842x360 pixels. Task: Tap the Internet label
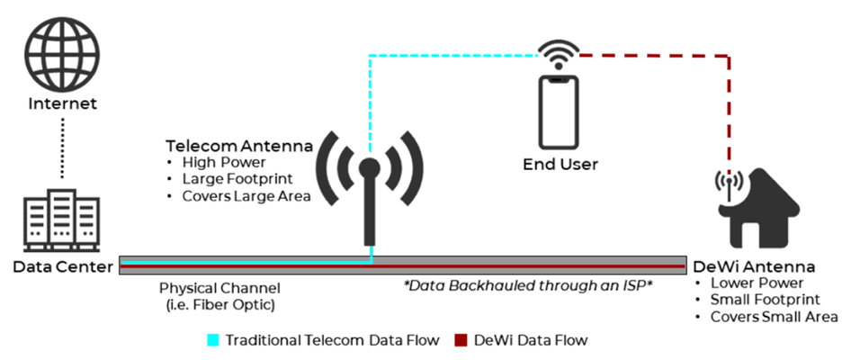click(x=61, y=104)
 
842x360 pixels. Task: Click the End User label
click(x=560, y=165)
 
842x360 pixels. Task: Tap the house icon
click(x=753, y=212)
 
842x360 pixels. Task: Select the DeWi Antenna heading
click(x=754, y=267)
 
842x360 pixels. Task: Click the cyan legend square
click(x=213, y=340)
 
